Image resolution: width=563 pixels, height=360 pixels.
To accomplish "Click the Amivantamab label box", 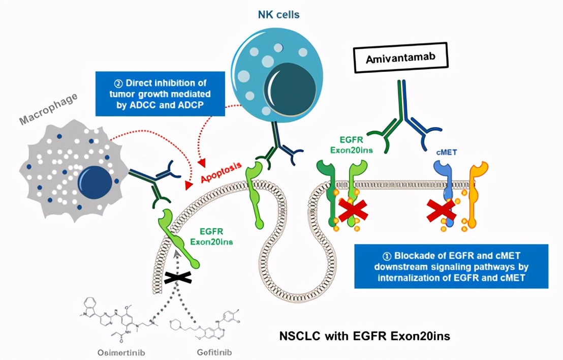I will (401, 58).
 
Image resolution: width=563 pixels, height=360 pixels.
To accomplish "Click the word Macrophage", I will (48, 107).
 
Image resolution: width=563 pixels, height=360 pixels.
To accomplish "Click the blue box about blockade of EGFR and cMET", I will (451, 266).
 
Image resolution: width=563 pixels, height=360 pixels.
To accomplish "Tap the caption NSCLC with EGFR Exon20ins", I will (365, 336).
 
